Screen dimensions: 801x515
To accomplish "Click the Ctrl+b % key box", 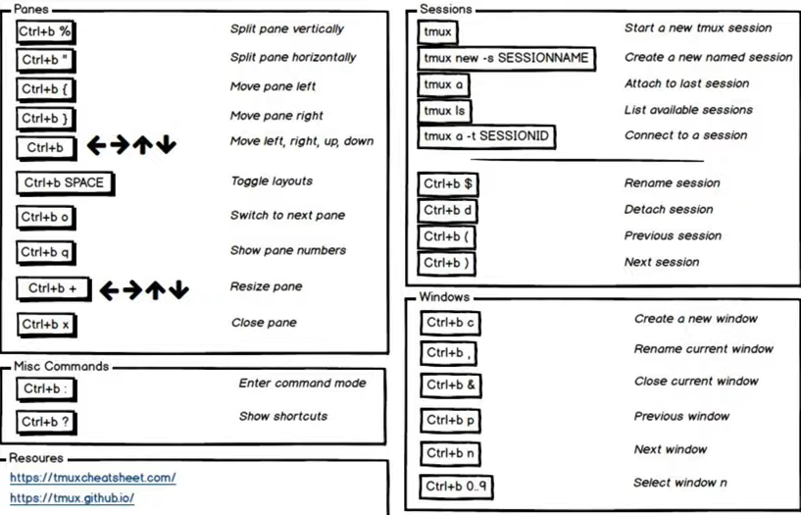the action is coord(46,32).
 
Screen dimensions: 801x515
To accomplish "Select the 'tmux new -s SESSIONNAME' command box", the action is coord(506,59).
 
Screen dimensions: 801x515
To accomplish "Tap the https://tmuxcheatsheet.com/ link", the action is coord(92,479).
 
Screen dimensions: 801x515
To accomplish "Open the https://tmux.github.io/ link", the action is coord(72,498).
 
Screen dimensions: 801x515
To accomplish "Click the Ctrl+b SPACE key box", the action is coord(65,183).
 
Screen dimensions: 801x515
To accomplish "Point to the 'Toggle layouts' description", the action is coord(272,180).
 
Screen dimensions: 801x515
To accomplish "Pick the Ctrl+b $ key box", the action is coord(447,184).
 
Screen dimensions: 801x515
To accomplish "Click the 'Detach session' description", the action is coord(669,209).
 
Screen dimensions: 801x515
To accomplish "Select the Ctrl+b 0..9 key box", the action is coord(456,487).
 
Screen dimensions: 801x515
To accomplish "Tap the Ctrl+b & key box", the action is coord(451,386).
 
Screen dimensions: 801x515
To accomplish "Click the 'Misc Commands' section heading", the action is coord(62,366).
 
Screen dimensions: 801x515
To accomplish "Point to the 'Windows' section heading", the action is coord(444,297).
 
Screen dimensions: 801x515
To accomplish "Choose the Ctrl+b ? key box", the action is coord(46,423).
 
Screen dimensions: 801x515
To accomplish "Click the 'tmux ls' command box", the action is coord(444,112).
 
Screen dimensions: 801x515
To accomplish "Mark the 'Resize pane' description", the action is coord(266,286).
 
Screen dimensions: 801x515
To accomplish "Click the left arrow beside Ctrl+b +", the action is coord(109,290).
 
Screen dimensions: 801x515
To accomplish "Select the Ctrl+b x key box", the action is coord(46,326).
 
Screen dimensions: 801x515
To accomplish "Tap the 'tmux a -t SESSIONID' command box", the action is coord(486,137).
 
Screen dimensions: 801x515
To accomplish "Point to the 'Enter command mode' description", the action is coord(302,384).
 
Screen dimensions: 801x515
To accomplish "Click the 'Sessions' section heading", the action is coord(445,9).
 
